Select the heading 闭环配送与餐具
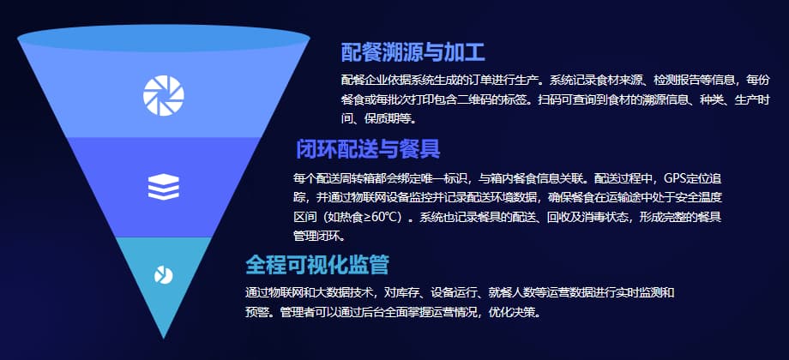368,149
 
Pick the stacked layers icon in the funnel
163,187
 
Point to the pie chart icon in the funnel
163,274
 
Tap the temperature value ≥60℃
376,217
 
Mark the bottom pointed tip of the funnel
163,337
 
